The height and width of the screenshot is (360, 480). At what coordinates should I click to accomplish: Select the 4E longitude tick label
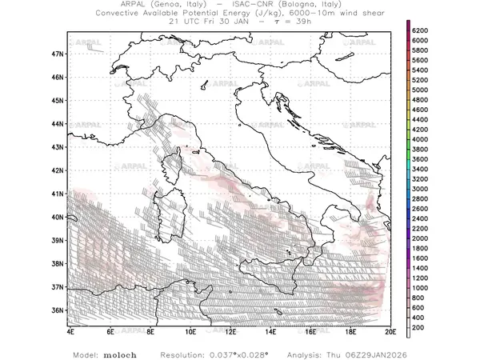coord(71,330)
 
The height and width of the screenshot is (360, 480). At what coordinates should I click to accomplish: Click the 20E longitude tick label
coord(390,330)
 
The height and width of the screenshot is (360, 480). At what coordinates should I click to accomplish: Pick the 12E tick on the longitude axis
coord(230,330)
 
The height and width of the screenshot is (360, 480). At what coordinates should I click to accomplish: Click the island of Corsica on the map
coord(173,170)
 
